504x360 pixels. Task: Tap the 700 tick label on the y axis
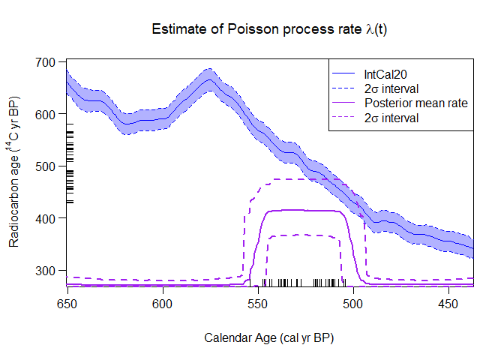pos(49,62)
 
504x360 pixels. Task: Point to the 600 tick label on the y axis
pos(49,114)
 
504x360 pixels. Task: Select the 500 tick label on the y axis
pos(49,166)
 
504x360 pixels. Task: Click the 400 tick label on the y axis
pos(49,217)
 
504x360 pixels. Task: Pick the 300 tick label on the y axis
pos(49,270)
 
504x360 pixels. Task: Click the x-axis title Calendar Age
pos(269,337)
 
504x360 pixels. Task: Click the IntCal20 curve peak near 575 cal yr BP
pos(210,79)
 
